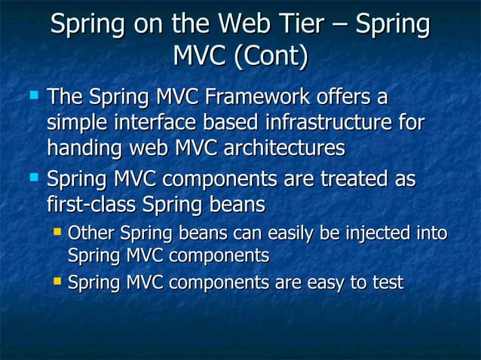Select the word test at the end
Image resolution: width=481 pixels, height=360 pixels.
(387, 283)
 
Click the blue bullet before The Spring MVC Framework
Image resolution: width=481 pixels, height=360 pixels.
(32, 96)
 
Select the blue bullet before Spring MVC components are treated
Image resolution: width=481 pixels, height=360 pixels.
(32, 179)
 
